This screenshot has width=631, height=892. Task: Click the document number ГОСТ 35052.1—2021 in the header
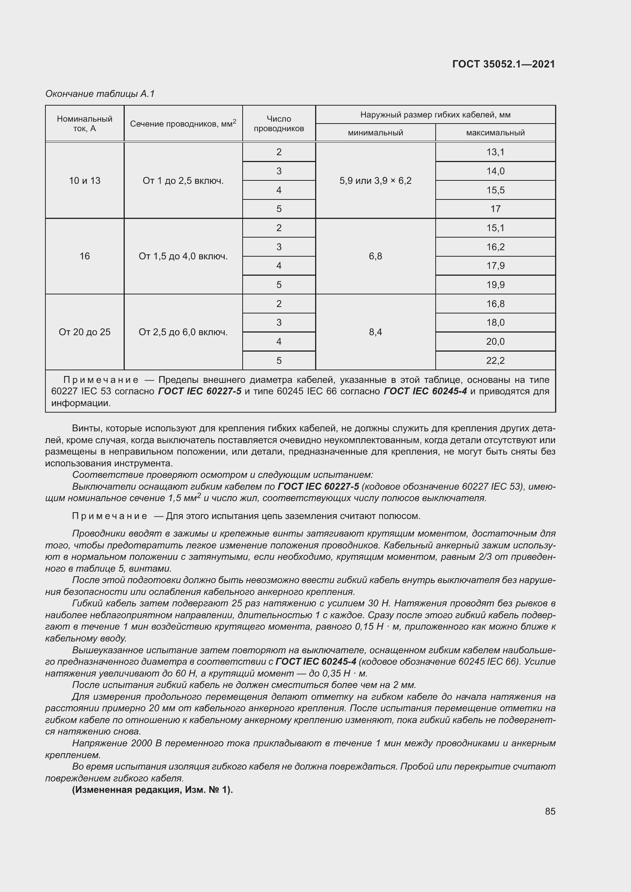pyautogui.click(x=504, y=64)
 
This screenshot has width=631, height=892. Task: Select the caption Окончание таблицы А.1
pyautogui.click(x=100, y=94)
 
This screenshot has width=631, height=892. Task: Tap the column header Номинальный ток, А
pyautogui.click(x=85, y=124)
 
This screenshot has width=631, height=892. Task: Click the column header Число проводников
pyautogui.click(x=278, y=124)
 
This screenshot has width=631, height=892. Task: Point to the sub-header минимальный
pyautogui.click(x=375, y=133)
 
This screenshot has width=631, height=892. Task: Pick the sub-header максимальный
pyautogui.click(x=496, y=133)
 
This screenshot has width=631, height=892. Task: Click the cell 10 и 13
pyautogui.click(x=85, y=181)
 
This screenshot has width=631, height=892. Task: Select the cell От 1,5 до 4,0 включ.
pyautogui.click(x=183, y=256)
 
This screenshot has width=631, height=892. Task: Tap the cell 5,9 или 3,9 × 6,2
pyautogui.click(x=375, y=181)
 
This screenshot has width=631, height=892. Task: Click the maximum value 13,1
pyautogui.click(x=496, y=152)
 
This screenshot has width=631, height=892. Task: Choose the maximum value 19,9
pyautogui.click(x=496, y=285)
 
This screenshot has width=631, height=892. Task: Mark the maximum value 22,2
pyautogui.click(x=496, y=360)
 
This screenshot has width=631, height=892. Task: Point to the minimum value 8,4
pyautogui.click(x=375, y=332)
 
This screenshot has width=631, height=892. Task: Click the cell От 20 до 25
pyautogui.click(x=85, y=332)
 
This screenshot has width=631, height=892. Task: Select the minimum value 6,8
pyautogui.click(x=375, y=256)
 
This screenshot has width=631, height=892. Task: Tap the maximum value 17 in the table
pyautogui.click(x=496, y=209)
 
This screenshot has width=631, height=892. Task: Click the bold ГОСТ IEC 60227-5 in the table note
pyautogui.click(x=200, y=391)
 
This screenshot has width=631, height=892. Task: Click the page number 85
pyautogui.click(x=550, y=811)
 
